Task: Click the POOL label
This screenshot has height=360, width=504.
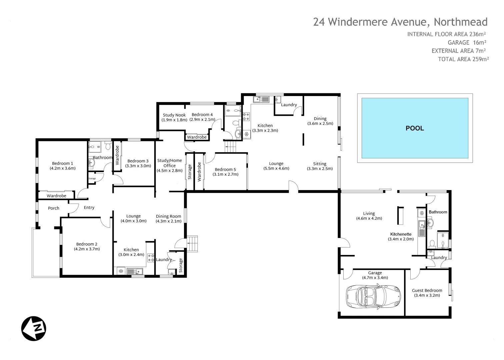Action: click(x=415, y=128)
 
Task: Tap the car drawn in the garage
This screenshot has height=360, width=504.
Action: click(x=373, y=296)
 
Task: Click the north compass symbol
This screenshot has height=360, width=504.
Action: click(x=34, y=328)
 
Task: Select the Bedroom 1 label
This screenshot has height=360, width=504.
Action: click(x=63, y=166)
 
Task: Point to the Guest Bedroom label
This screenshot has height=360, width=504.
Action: click(x=427, y=293)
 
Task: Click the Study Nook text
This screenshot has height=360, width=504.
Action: click(x=174, y=117)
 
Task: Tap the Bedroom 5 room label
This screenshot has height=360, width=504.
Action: click(x=225, y=172)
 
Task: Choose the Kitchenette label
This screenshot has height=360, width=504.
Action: click(x=401, y=236)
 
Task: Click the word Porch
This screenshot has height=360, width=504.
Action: click(x=54, y=208)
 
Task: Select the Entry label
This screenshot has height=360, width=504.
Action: click(x=89, y=208)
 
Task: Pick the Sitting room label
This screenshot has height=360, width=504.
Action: click(x=320, y=166)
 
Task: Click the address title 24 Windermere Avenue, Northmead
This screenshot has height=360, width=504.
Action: click(x=400, y=22)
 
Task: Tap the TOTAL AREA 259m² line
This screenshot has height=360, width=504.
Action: click(x=463, y=59)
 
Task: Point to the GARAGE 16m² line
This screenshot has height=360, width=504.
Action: click(x=467, y=43)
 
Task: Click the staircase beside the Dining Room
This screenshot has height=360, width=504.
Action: click(x=192, y=243)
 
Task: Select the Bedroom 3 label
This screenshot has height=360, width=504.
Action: click(x=138, y=163)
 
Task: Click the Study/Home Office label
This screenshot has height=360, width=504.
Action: click(x=170, y=165)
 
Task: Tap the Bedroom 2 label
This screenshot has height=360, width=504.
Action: click(x=87, y=246)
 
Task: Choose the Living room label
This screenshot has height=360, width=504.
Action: click(x=369, y=216)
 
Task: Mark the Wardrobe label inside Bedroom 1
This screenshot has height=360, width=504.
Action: click(x=56, y=196)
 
